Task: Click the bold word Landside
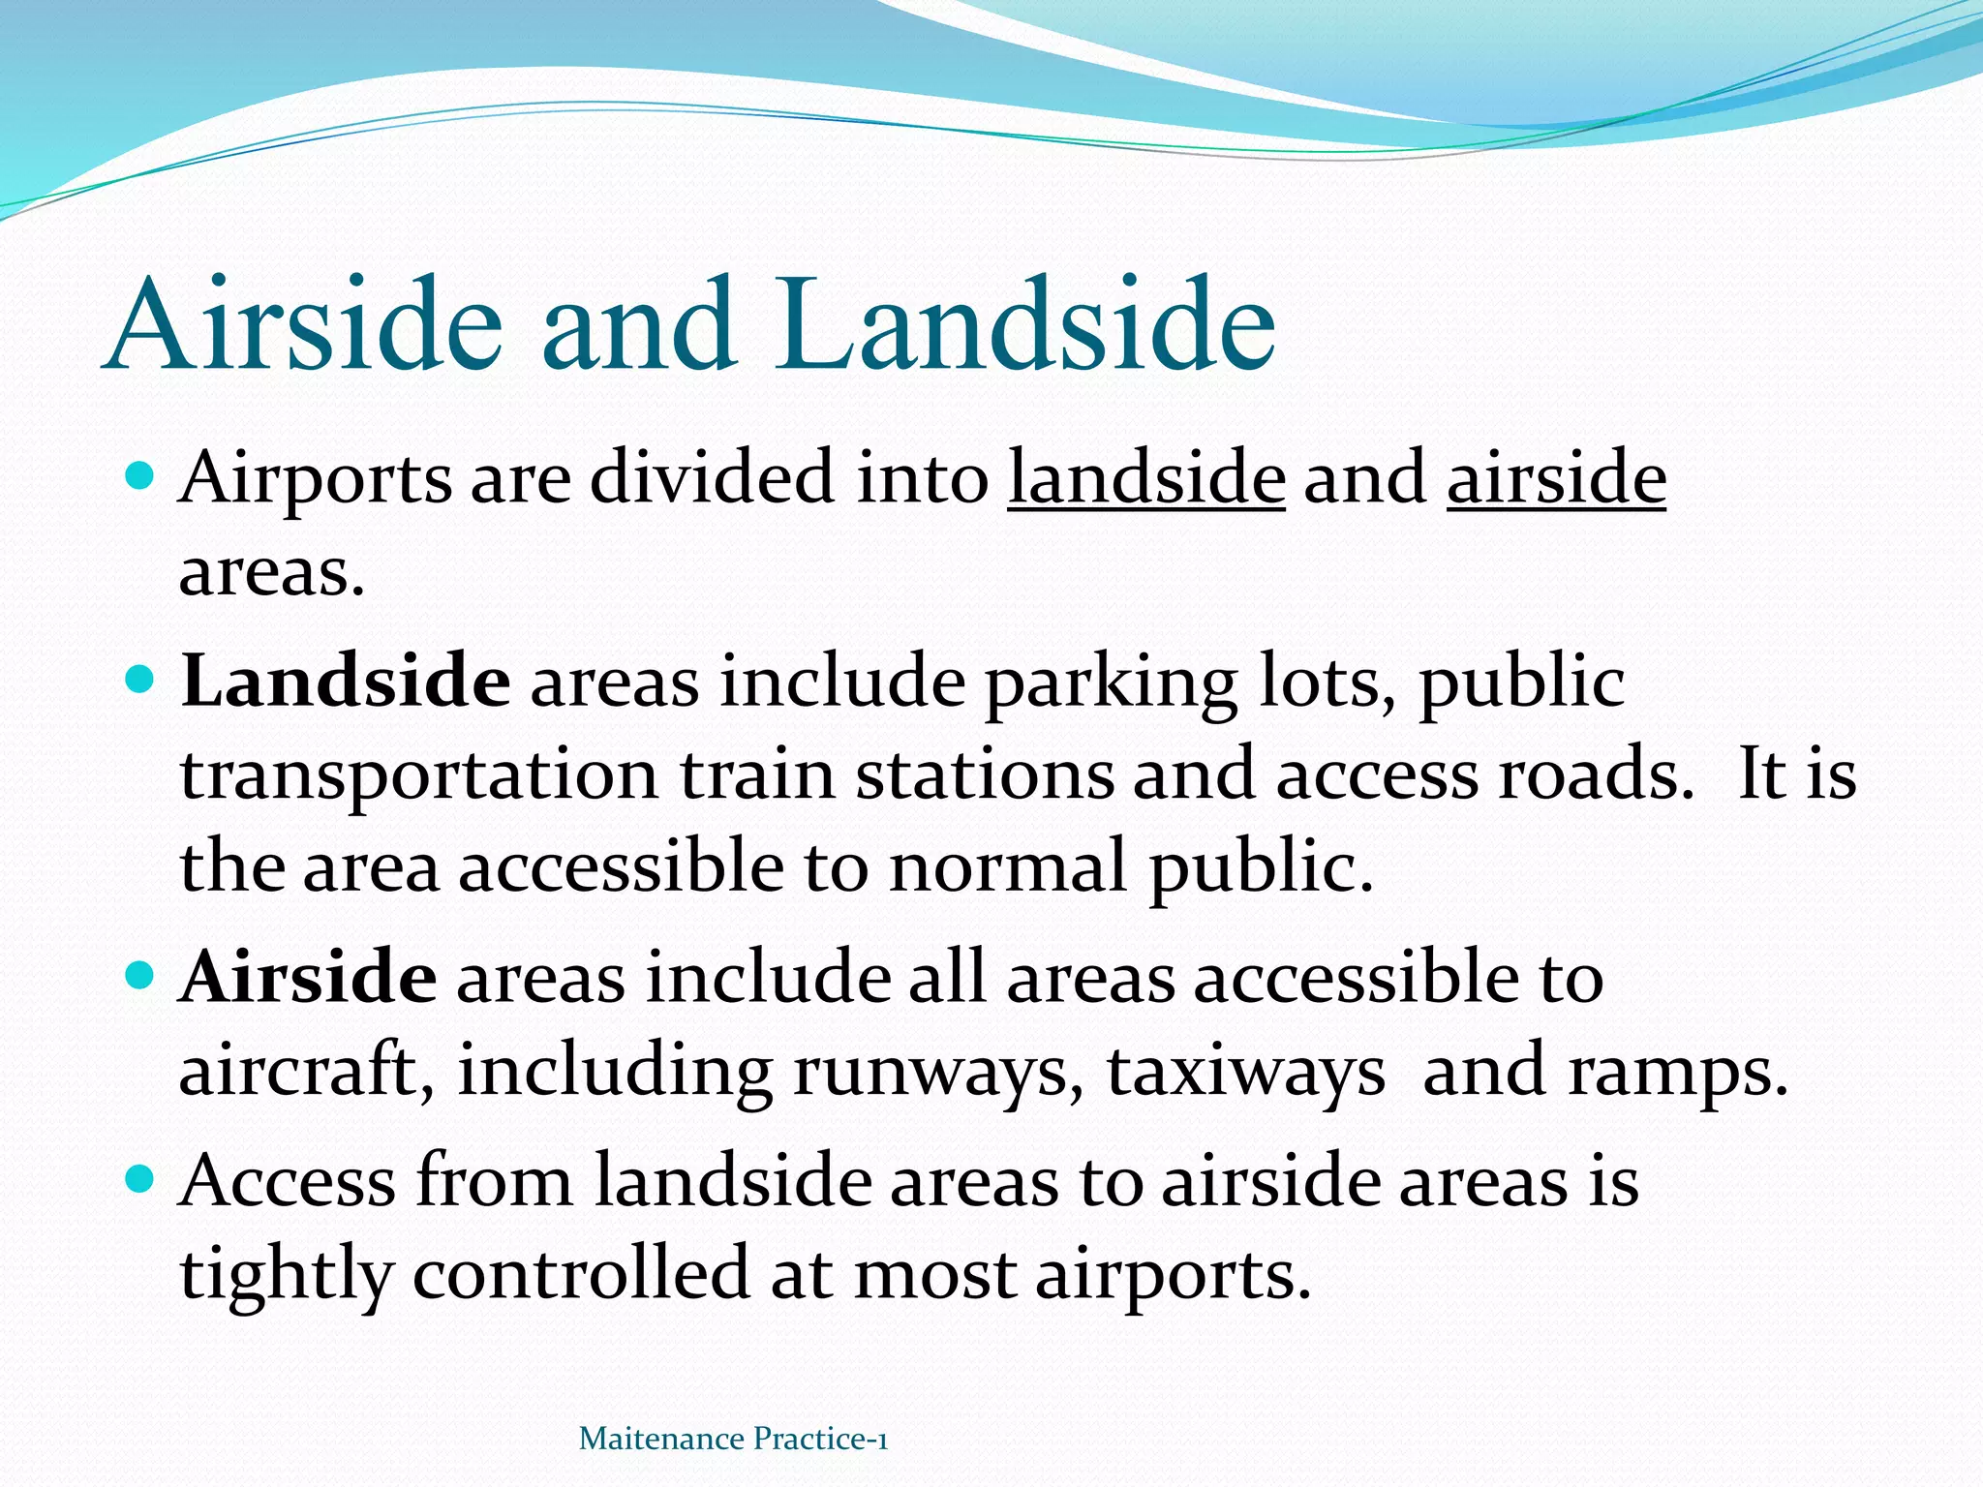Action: click(x=345, y=682)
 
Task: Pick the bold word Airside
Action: click(x=308, y=977)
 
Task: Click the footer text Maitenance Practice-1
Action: click(x=733, y=1440)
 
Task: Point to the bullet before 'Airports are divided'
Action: click(x=141, y=475)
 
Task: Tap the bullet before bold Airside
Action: click(x=141, y=975)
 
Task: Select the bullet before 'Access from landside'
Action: click(x=141, y=1179)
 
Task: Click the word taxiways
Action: click(x=1246, y=1074)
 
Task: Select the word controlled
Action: click(x=581, y=1273)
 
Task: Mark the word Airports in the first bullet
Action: click(x=316, y=480)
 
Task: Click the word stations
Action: click(x=985, y=776)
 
